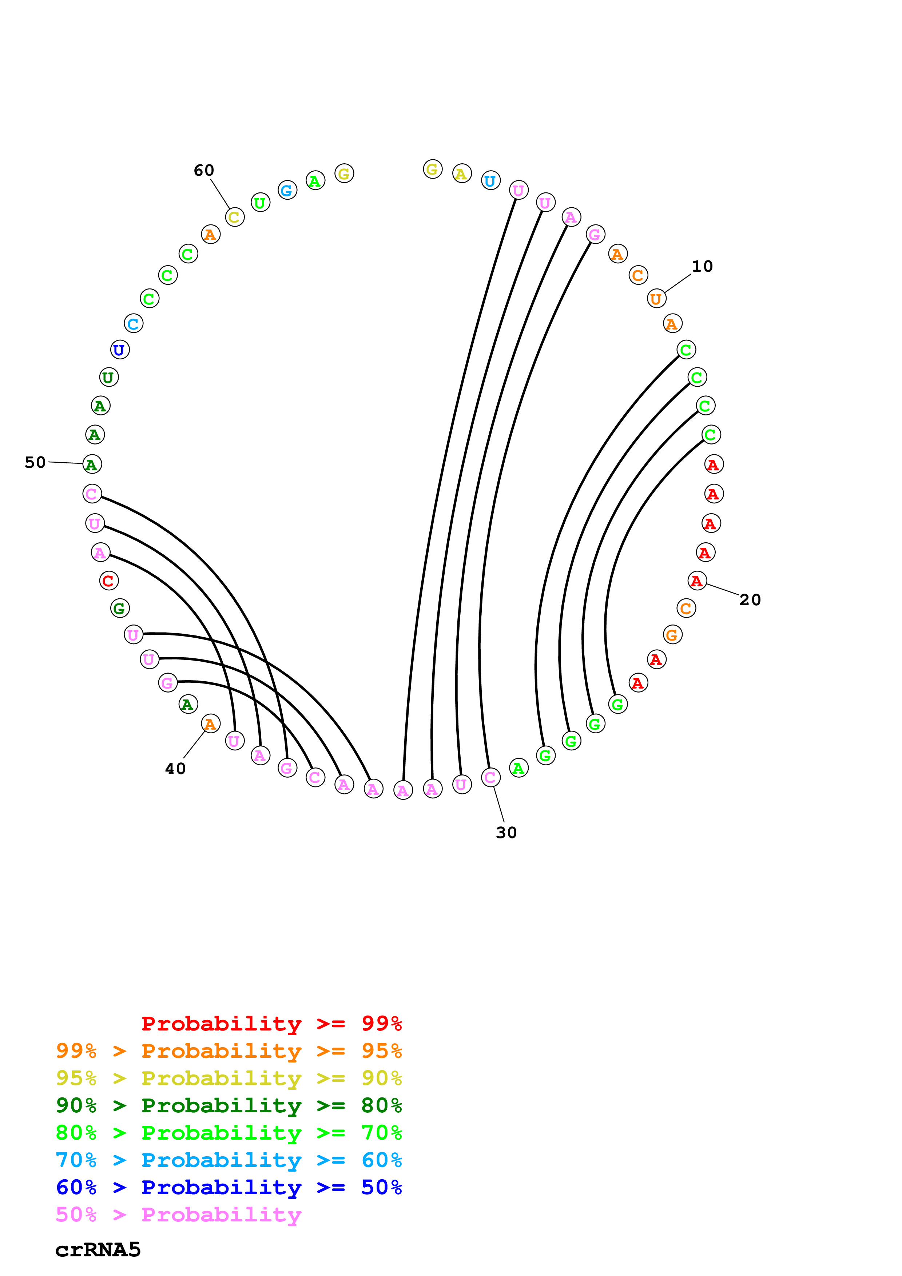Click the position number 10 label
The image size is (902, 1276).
[x=702, y=266]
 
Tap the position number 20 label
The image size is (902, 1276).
[x=750, y=600]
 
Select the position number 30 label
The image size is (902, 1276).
[x=506, y=833]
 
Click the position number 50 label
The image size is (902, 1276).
[x=35, y=462]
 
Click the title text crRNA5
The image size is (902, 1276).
[x=98, y=1250]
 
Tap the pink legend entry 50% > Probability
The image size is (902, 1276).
[x=178, y=1215]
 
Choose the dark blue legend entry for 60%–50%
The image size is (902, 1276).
[x=229, y=1187]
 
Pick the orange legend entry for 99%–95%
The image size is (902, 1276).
[x=229, y=1051]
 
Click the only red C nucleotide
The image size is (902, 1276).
[x=109, y=581]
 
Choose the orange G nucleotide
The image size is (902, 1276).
[x=672, y=635]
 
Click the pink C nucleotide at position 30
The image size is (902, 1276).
[x=490, y=777]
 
